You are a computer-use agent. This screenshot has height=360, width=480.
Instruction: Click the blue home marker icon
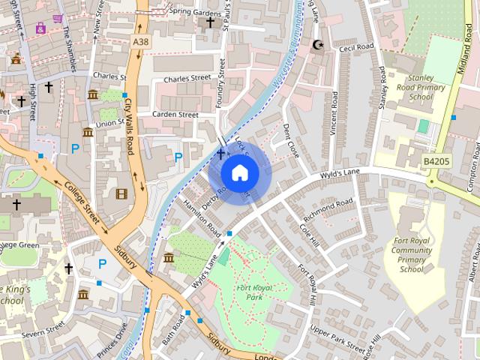[x=239, y=173]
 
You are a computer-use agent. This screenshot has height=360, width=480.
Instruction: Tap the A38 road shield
[x=140, y=43]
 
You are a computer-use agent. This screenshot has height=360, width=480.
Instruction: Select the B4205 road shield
[x=435, y=160]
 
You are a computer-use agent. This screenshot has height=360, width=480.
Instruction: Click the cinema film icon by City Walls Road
[x=121, y=193]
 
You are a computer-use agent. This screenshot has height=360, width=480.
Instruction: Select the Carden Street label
[x=175, y=115]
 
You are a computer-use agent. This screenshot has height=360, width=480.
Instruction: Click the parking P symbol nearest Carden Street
[x=178, y=157]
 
